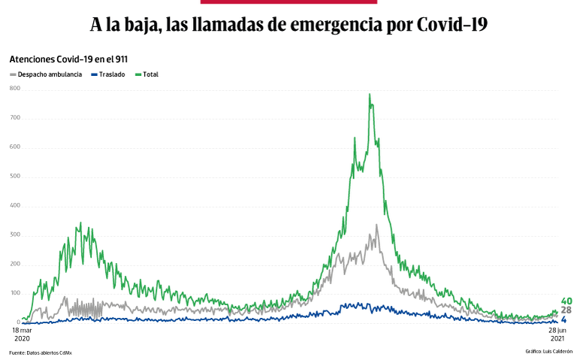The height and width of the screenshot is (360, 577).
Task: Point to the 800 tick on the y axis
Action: click(x=15, y=89)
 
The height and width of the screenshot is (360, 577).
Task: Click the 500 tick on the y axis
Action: click(x=15, y=177)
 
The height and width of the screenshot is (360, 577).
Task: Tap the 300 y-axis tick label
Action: click(x=15, y=235)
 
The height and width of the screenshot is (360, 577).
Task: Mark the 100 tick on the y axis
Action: click(x=15, y=294)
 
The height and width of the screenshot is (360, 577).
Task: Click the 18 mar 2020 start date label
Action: click(x=23, y=334)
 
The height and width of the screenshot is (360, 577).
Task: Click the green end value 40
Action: click(x=566, y=301)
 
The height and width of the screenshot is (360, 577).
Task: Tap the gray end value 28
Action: click(x=566, y=310)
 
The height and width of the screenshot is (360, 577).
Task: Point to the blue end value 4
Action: click(x=564, y=320)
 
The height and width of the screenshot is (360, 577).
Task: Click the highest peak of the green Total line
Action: click(x=369, y=95)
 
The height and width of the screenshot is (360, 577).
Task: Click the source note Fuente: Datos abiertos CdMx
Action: click(x=41, y=352)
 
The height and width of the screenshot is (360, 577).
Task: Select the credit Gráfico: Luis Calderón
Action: click(x=548, y=351)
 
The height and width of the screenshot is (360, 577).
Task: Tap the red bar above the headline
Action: click(x=288, y=2)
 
